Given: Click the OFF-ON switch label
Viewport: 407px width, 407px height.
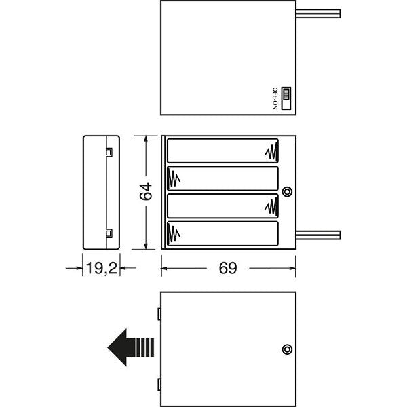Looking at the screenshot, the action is coord(275,98).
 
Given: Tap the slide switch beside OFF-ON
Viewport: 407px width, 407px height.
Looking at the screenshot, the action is coord(286,98).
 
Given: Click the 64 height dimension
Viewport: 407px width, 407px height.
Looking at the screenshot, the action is coord(145,191).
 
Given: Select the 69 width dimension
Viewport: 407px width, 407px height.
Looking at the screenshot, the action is coord(228,268).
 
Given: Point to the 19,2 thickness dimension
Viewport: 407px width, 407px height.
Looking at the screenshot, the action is coord(101,268).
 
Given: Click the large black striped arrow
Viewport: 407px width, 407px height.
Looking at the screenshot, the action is coord(131,347).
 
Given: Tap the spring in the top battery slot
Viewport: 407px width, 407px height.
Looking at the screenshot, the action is coord(271,151).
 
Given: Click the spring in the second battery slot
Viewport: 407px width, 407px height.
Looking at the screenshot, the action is coord(174,178).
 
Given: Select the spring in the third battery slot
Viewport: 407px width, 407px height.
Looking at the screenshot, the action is coord(271,206).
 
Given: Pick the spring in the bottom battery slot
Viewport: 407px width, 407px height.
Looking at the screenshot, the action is coord(174,233).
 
